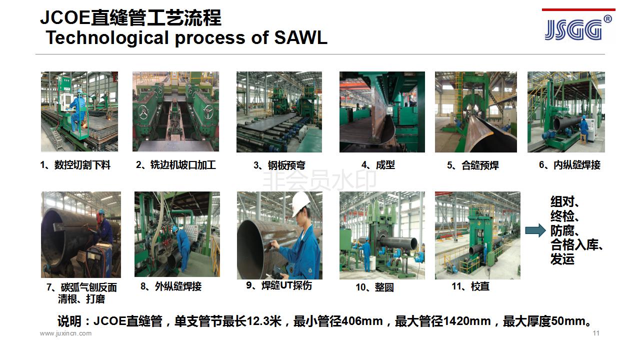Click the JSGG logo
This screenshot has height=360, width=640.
[577, 29]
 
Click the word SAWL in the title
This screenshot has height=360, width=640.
[301, 37]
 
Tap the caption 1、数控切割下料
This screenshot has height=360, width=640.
[75, 165]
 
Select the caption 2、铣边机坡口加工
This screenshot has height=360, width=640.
[175, 165]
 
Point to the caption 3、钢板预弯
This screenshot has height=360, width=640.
[279, 165]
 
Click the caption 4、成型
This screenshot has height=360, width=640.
[378, 165]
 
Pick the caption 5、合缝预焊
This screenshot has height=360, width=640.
[473, 165]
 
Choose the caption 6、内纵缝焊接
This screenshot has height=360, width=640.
[569, 165]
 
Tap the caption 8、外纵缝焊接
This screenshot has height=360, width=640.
[171, 286]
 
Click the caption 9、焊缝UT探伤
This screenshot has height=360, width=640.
[279, 285]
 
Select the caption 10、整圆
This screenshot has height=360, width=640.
[374, 287]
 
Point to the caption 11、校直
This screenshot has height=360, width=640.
[470, 286]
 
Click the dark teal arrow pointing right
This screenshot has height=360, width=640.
[535, 230]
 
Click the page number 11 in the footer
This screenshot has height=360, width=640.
[596, 333]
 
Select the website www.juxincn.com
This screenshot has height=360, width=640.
[65, 333]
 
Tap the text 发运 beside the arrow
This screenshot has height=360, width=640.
[562, 259]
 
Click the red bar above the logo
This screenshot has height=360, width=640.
[578, 9]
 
